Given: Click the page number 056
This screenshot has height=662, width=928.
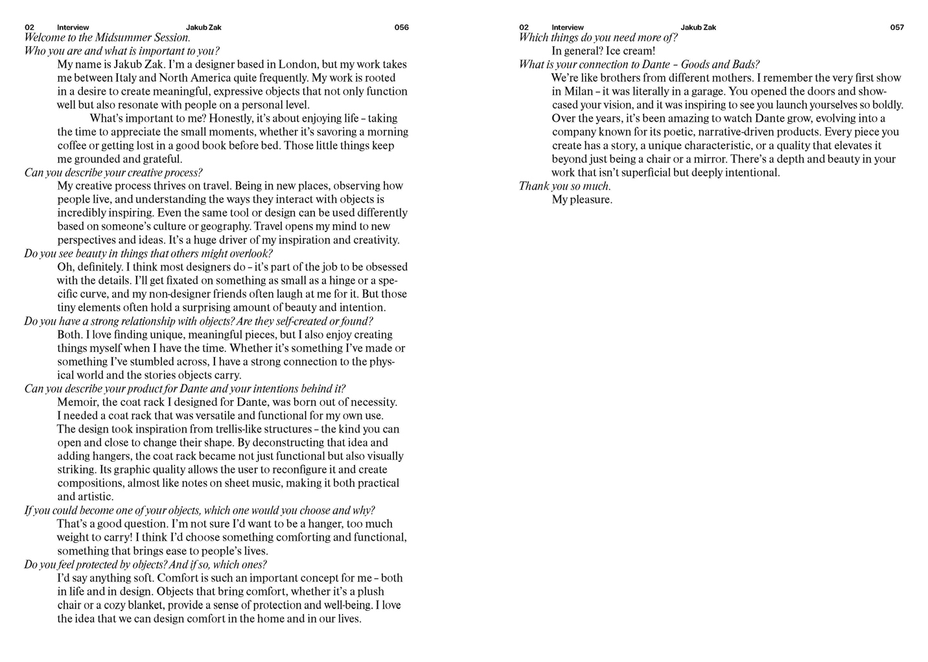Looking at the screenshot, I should click(x=401, y=27).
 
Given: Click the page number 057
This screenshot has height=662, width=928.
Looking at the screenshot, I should click(x=896, y=27).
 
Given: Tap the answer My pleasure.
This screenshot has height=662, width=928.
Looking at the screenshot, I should click(x=581, y=200).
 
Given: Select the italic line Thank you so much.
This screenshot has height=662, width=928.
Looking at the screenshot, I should click(x=564, y=186).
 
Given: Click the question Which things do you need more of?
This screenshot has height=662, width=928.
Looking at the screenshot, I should click(x=597, y=38).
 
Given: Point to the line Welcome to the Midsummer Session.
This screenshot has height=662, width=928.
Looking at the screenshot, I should click(x=107, y=38).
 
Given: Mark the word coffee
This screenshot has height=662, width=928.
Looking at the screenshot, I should click(x=73, y=145).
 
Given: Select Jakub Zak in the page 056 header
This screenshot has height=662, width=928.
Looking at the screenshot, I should click(x=203, y=27).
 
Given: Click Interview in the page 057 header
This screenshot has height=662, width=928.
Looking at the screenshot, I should click(x=567, y=27).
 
